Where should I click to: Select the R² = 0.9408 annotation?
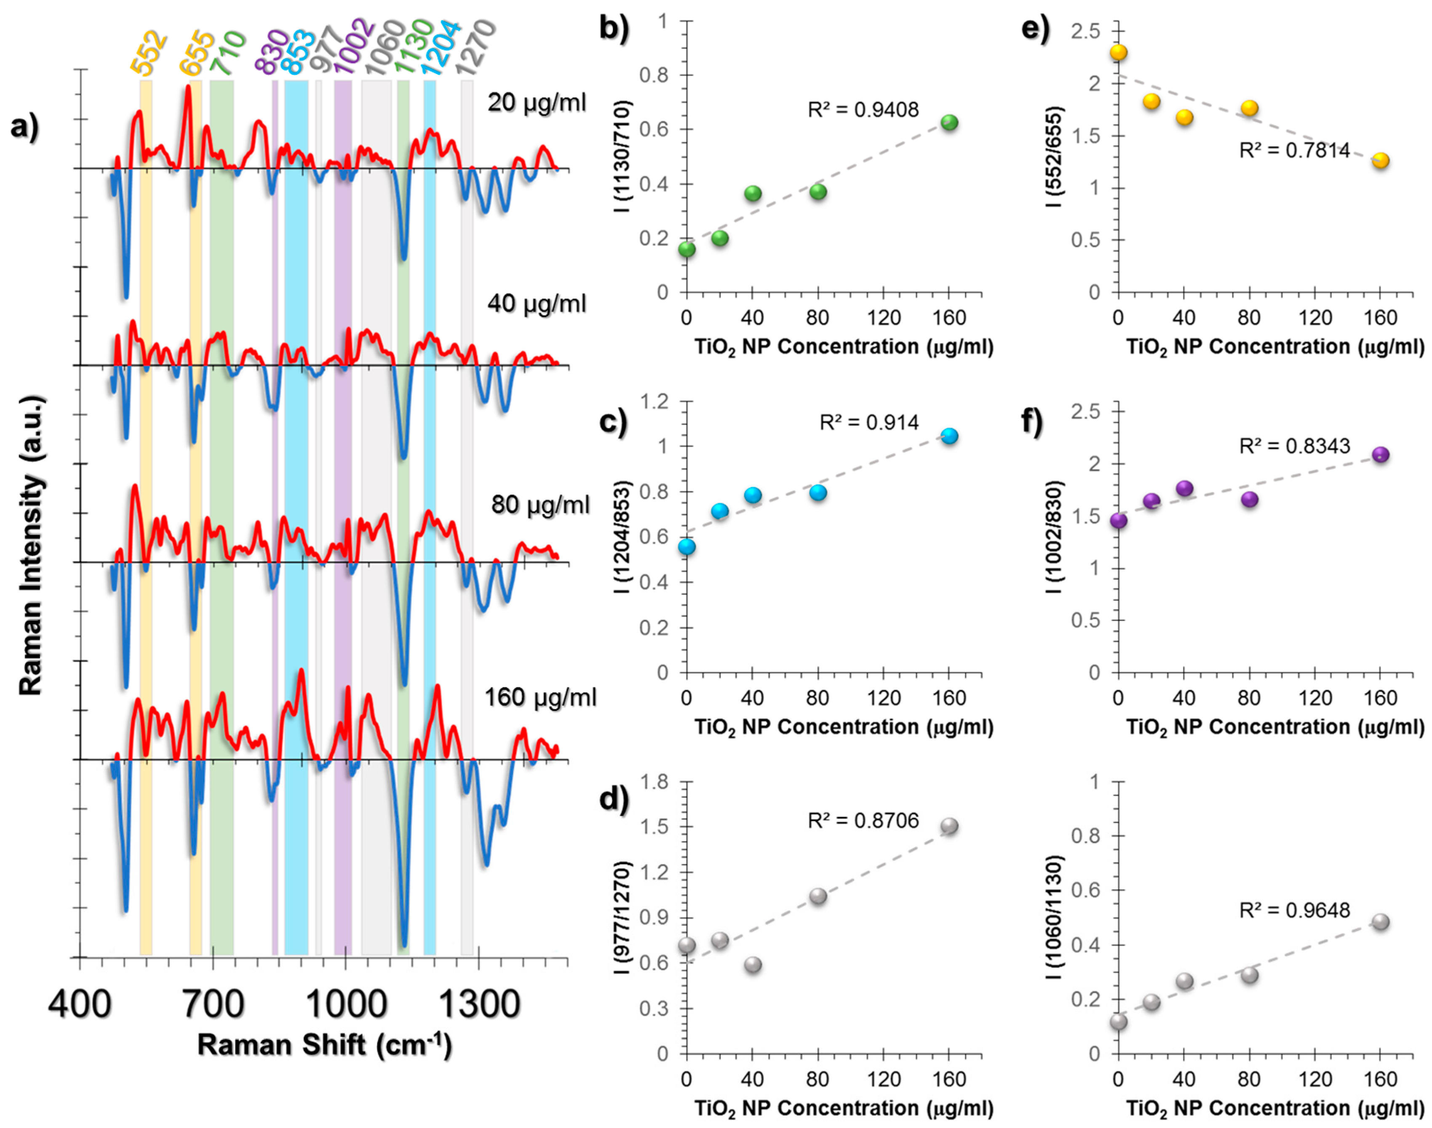pos(863,109)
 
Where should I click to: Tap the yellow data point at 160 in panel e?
pos(1381,160)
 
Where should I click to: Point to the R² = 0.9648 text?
pos(1294,911)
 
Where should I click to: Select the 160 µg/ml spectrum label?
pos(540,697)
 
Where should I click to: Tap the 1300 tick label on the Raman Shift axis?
pos(479,1005)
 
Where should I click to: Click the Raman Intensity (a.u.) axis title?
pos(31,545)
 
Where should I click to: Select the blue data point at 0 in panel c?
pos(687,547)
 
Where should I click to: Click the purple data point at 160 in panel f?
pos(1381,455)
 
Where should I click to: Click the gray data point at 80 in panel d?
pos(818,896)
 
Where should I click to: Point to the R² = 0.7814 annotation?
pos(1294,151)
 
